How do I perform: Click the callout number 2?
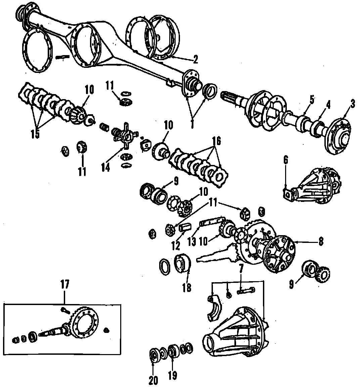195,59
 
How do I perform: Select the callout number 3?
352,104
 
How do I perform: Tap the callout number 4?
328,104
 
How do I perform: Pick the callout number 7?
241,269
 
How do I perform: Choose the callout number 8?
321,241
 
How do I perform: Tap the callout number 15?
35,133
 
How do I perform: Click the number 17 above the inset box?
64,285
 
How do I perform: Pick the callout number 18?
187,287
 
